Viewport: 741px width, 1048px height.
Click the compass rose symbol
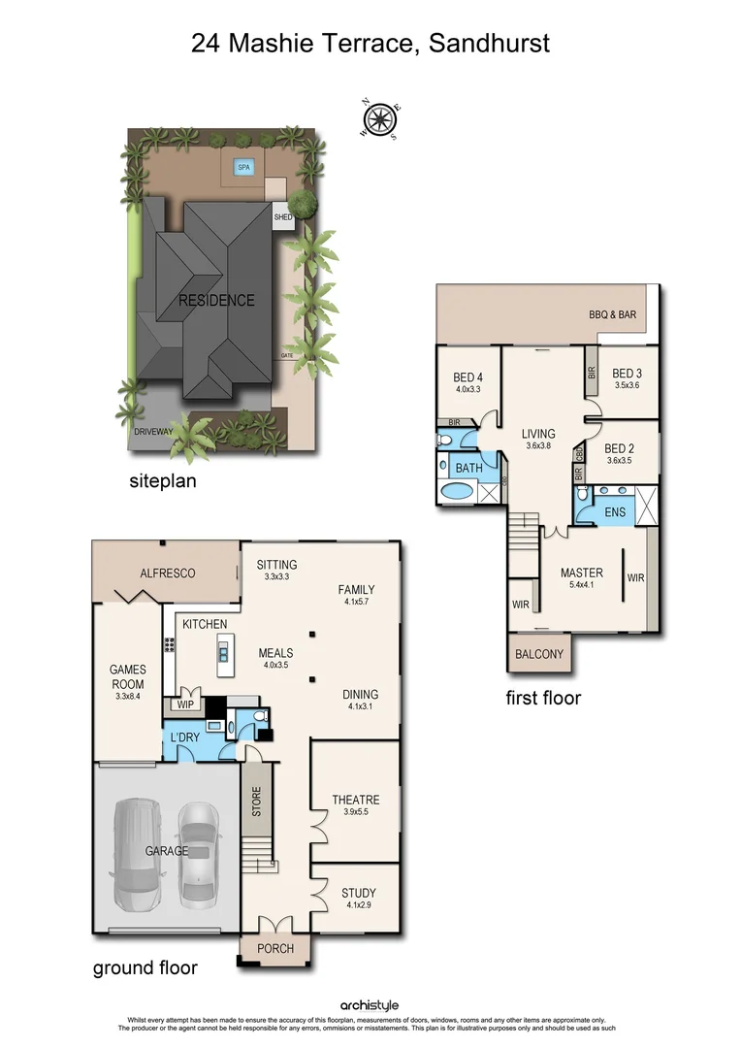pos(380,120)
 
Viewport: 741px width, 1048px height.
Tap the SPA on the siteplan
pos(243,168)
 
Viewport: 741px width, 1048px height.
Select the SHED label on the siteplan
pos(283,217)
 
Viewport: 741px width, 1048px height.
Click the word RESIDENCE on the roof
pos(216,301)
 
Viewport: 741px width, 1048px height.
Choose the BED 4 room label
pos(467,377)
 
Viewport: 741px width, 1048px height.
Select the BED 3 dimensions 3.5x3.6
pos(627,385)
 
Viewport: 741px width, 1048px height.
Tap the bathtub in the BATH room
pos(455,491)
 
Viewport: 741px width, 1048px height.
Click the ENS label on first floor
pos(615,511)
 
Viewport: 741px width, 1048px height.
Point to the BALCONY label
pos(539,654)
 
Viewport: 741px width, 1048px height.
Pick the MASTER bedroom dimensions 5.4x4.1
pos(581,586)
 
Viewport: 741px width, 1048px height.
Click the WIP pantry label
pos(184,704)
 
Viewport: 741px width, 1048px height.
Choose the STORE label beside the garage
pos(257,802)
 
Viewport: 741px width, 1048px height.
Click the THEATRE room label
pos(356,800)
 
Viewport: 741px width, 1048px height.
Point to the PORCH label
pos(274,948)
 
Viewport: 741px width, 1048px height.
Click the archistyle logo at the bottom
pos(370,1006)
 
